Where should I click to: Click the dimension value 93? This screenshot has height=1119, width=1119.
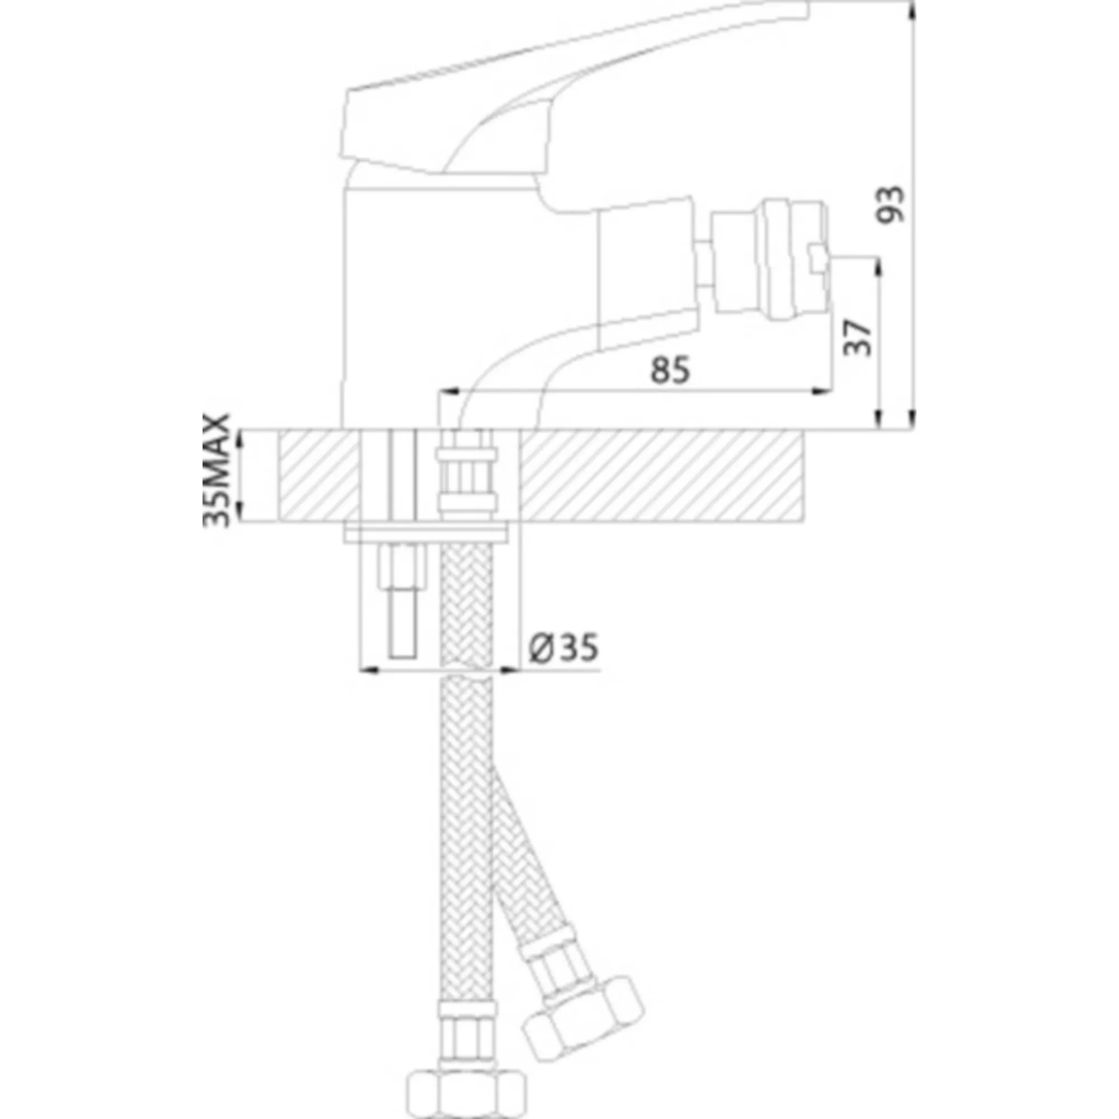click(x=890, y=204)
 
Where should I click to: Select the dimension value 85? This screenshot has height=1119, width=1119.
click(x=671, y=369)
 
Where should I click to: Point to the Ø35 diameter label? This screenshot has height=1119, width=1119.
click(x=563, y=647)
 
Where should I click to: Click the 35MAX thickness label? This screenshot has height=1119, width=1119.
click(x=217, y=471)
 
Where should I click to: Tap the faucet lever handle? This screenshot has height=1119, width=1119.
click(x=573, y=87)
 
